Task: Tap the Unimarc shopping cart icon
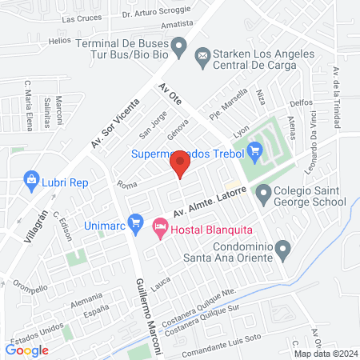pyautogui.click(x=135, y=221)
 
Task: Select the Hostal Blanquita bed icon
pyautogui.click(x=159, y=228)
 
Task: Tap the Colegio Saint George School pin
pyautogui.click(x=262, y=193)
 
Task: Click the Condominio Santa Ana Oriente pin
pyautogui.click(x=282, y=251)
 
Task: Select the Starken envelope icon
pyautogui.click(x=202, y=54)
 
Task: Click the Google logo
pyautogui.click(x=27, y=350)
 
